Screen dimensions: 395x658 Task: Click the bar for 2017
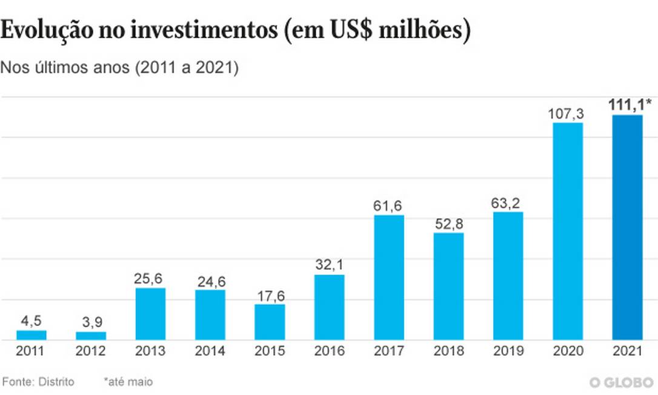[x=389, y=277]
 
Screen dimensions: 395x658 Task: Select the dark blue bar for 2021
[x=628, y=227]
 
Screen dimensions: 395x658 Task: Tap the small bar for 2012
[x=91, y=335]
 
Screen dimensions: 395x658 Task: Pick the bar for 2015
[x=270, y=322]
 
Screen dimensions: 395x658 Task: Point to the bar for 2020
[x=568, y=231]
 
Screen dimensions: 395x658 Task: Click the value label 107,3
[x=568, y=113]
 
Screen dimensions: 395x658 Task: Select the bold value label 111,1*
[x=630, y=105]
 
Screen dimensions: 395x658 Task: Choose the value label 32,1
[x=329, y=265]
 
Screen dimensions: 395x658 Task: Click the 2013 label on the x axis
[x=150, y=351]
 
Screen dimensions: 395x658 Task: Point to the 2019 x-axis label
[x=508, y=351]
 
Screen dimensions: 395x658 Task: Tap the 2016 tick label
[x=329, y=351]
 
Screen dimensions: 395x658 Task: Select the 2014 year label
[x=210, y=351]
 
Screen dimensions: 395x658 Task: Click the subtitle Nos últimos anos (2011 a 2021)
[x=120, y=68]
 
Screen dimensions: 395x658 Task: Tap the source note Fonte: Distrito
[x=39, y=382]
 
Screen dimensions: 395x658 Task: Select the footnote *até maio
[x=128, y=382]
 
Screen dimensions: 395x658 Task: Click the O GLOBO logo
[x=622, y=382]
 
